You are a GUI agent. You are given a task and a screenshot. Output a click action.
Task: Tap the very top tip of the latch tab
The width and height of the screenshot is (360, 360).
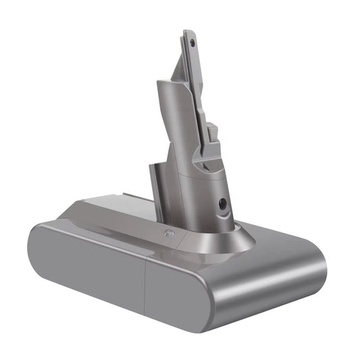click(187, 32)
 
